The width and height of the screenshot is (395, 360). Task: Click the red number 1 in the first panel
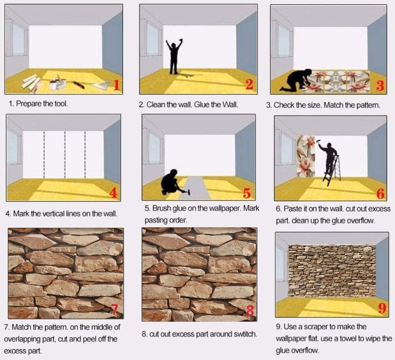click(116, 84)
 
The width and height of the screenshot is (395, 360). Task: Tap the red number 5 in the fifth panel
click(247, 193)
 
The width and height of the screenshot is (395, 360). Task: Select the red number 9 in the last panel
click(382, 308)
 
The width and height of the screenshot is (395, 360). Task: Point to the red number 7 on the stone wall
click(115, 309)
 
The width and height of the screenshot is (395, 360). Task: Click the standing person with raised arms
click(174, 56)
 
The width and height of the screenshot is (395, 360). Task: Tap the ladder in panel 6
click(333, 171)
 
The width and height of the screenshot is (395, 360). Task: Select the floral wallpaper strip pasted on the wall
click(306, 156)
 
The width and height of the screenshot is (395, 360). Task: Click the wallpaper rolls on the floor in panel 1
click(32, 82)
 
